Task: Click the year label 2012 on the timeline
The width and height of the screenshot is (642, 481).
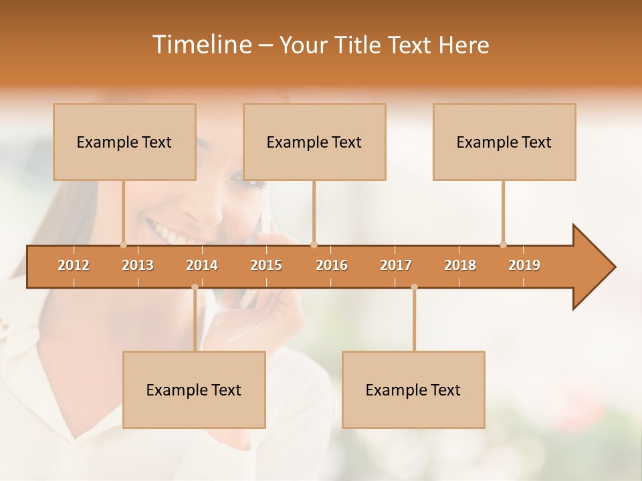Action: click(74, 265)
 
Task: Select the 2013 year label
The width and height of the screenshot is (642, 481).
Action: click(138, 265)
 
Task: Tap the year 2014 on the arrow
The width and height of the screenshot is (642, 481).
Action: click(202, 265)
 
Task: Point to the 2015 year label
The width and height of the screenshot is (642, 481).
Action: click(266, 265)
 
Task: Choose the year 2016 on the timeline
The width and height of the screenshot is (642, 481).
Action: click(332, 265)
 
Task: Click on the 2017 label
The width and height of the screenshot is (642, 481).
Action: click(396, 265)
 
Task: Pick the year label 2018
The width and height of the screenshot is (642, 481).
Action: click(460, 265)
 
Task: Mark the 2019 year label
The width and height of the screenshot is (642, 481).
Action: click(524, 265)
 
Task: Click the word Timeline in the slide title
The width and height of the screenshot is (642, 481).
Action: click(201, 45)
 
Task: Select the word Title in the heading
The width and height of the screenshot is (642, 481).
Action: click(362, 45)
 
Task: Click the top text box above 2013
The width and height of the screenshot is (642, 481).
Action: click(124, 142)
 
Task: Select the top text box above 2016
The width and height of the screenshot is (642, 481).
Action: click(314, 142)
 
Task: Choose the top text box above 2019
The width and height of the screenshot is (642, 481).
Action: click(504, 142)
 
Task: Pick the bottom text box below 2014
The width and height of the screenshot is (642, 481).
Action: click(194, 389)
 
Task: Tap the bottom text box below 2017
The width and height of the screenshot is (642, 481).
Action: click(413, 389)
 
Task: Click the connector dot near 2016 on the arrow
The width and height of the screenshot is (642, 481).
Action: click(314, 245)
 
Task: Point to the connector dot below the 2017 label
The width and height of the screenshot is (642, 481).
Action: click(414, 287)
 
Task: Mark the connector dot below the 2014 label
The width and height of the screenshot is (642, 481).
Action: click(195, 287)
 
